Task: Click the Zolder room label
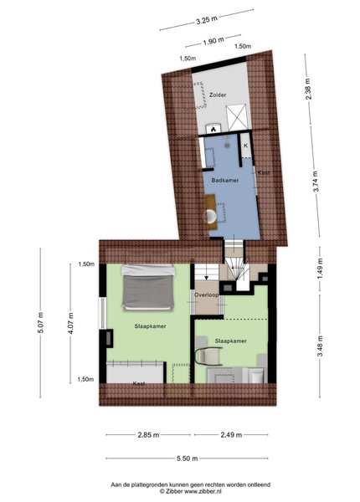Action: click(218, 95)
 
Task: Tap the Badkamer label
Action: click(225, 180)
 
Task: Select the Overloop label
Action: click(207, 295)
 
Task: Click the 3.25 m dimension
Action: click(207, 20)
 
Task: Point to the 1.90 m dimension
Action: click(213, 41)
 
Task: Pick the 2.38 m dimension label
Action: click(309, 89)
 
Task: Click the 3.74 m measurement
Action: click(316, 182)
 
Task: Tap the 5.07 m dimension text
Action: click(41, 322)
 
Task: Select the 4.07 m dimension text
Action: click(71, 323)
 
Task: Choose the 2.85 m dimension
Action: click(148, 435)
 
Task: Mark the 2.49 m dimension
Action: click(231, 435)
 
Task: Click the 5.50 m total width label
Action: click(187, 458)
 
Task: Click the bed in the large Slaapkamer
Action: click(148, 288)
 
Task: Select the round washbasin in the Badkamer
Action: click(211, 216)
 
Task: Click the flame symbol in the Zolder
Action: click(213, 130)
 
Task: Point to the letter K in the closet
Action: click(245, 146)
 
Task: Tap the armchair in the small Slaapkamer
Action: click(208, 356)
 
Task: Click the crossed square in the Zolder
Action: click(237, 117)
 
